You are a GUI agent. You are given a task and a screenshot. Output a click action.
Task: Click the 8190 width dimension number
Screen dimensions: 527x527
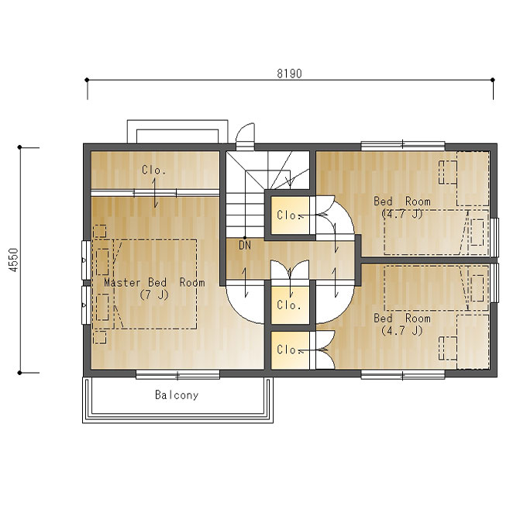tap(289, 74)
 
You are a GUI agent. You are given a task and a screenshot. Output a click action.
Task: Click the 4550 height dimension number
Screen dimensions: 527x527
tap(14, 260)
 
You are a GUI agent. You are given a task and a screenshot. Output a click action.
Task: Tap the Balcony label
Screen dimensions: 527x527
tap(177, 394)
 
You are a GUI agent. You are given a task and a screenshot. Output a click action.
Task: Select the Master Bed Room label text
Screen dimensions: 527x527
tap(154, 282)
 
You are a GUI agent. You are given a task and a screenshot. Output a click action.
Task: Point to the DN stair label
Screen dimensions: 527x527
tap(245, 245)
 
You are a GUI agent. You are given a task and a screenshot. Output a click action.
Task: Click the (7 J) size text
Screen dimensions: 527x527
tap(154, 294)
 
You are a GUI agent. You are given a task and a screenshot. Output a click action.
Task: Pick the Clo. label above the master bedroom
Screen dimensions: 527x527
tap(153, 170)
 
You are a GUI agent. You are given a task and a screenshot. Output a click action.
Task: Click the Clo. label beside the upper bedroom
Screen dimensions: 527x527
tap(288, 215)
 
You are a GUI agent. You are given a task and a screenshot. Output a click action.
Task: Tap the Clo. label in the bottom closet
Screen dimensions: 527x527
tap(288, 350)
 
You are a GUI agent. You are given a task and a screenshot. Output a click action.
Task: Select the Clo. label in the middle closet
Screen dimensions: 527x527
tap(288, 305)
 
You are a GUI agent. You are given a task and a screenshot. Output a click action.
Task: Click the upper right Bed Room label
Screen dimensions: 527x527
tap(402, 201)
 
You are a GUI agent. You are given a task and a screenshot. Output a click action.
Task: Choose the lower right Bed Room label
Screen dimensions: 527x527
tap(402, 318)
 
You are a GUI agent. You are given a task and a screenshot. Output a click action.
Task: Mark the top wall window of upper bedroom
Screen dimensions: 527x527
tap(403, 146)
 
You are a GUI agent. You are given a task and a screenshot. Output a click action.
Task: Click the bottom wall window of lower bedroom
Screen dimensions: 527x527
tap(403, 374)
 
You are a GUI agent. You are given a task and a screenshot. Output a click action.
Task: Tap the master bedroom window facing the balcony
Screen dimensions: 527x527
tap(177, 374)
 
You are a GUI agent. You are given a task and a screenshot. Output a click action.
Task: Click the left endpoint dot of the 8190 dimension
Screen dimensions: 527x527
tap(87, 80)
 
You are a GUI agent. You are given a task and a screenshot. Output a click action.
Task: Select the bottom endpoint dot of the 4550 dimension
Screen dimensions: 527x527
tap(20, 373)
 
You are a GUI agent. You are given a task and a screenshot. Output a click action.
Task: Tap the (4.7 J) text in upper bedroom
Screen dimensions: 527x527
tap(402, 214)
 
